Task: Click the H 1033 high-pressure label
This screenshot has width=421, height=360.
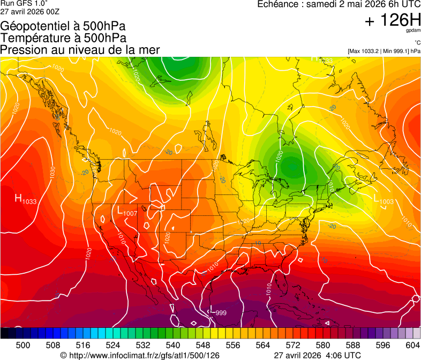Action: point(26,200)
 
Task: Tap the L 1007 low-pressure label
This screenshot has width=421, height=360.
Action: point(126,212)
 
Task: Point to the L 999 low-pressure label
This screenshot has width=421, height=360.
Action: point(217,312)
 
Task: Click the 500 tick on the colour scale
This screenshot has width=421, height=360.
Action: point(23,346)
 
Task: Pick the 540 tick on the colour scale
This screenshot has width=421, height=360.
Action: point(173,346)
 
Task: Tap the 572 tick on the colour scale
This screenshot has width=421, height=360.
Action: point(293,346)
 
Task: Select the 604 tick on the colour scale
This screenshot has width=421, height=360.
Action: point(412,346)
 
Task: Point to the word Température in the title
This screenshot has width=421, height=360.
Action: point(33,38)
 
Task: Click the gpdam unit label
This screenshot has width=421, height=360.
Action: point(413,31)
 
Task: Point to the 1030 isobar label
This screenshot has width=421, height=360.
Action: point(52,172)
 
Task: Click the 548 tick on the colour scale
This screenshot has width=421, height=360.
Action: point(203,346)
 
